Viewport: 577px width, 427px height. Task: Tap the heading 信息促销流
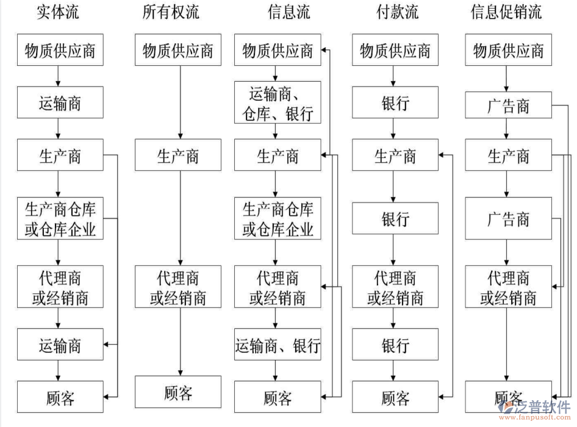[x=506, y=12]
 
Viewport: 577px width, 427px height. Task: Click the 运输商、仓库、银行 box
[x=278, y=103]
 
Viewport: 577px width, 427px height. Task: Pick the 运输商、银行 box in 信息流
[x=278, y=346]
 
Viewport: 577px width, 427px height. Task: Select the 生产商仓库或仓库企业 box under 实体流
[x=60, y=220]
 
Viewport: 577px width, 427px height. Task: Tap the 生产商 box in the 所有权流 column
[x=178, y=156]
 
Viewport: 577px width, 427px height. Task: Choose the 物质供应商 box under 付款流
[x=395, y=51]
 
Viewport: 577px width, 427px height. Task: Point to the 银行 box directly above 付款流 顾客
[x=395, y=346]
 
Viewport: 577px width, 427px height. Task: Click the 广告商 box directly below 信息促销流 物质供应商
[x=508, y=107]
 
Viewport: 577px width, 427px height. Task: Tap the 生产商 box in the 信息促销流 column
[x=508, y=156]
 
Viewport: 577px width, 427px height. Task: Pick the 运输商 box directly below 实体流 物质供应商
[x=60, y=103]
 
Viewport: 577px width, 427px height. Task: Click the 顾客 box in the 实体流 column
[x=60, y=398]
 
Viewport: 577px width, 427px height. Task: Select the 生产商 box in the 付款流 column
[x=395, y=156]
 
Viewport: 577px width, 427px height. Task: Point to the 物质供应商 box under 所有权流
[x=178, y=51]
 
